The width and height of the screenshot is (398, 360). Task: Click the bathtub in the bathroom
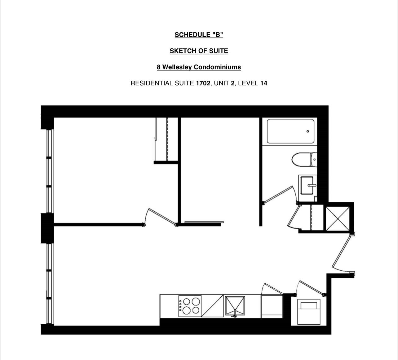(290, 131)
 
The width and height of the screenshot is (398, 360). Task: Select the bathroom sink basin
(307, 185)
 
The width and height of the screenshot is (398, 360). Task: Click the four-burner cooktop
(190, 306)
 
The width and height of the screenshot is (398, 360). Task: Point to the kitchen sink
(235, 306)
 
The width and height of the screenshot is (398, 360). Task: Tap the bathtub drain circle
(308, 131)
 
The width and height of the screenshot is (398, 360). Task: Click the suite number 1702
(203, 83)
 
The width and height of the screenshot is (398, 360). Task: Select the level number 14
(264, 83)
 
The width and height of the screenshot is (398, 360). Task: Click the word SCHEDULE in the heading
(192, 35)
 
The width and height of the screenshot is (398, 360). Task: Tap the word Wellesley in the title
(177, 67)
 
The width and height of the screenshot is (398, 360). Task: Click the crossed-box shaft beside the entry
(338, 219)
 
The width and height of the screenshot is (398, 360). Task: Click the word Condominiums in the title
(217, 67)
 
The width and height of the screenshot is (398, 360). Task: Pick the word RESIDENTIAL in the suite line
(152, 83)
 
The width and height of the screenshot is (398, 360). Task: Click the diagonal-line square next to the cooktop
(213, 306)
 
